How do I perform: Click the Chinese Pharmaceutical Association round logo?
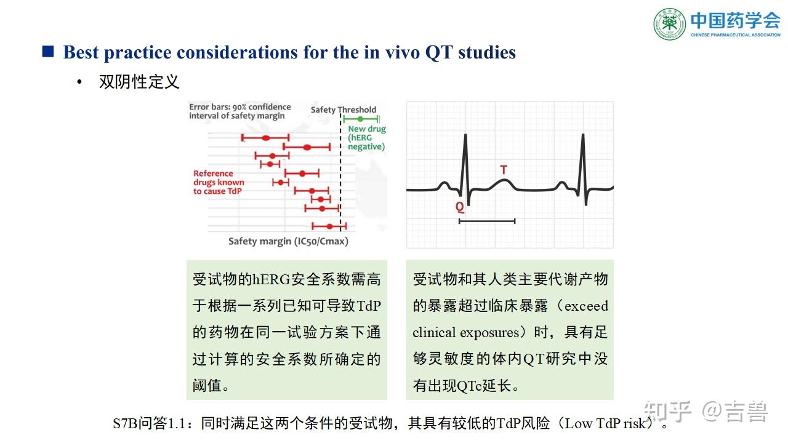pyautogui.click(x=669, y=24)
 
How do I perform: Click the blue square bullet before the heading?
pyautogui.click(x=48, y=52)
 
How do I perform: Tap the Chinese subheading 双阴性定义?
pyautogui.click(x=139, y=82)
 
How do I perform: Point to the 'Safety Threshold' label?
pyautogui.click(x=343, y=110)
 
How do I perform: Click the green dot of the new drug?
pyautogui.click(x=360, y=119)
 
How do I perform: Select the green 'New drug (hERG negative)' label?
pyautogui.click(x=366, y=138)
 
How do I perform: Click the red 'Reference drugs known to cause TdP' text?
pyautogui.click(x=219, y=182)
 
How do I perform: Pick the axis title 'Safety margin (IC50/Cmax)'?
pyautogui.click(x=288, y=241)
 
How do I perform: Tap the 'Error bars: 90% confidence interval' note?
pyautogui.click(x=240, y=111)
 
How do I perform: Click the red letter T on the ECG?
pyautogui.click(x=504, y=170)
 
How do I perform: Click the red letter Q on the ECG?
pyautogui.click(x=460, y=207)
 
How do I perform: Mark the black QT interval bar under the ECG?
pyautogui.click(x=487, y=220)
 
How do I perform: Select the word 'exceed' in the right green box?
pyautogui.click(x=586, y=306)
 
